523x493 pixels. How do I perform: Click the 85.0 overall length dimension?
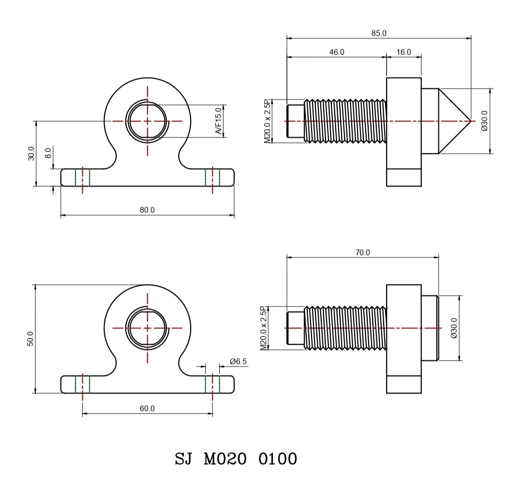pos(379,33)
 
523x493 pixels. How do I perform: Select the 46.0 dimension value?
pos(337,52)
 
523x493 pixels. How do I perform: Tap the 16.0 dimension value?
pos(403,52)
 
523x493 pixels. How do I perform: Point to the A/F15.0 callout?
pos(218,121)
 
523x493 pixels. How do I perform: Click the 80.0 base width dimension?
pos(147,210)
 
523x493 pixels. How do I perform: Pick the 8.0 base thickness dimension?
pos(48,153)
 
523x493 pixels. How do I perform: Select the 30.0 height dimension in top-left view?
pos(31,154)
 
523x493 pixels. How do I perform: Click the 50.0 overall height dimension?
pos(30,339)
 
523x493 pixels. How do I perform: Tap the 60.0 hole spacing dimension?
pos(147,408)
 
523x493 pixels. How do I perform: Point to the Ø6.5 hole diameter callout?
pos(238,361)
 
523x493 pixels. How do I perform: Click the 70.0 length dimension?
pos(362,253)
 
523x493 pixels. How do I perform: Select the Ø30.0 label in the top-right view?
pos(484,121)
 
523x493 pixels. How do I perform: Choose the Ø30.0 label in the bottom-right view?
pos(454,328)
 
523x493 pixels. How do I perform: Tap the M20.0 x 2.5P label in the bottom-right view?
pos(264,328)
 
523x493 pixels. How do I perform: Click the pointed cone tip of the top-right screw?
pos(470,121)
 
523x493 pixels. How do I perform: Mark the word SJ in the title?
pos(184,459)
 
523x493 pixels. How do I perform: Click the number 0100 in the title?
pos(278,459)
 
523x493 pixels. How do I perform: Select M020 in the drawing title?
pos(225,459)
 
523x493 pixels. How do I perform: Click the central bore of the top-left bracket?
pos(147,121)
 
